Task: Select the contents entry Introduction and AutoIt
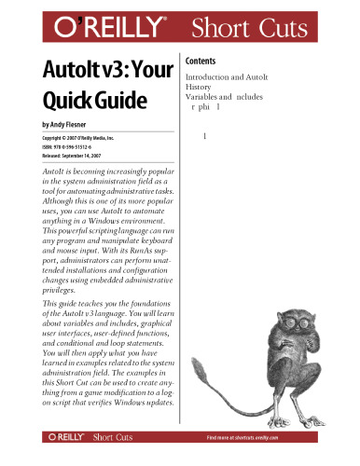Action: (232, 76)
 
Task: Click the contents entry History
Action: (201, 87)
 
